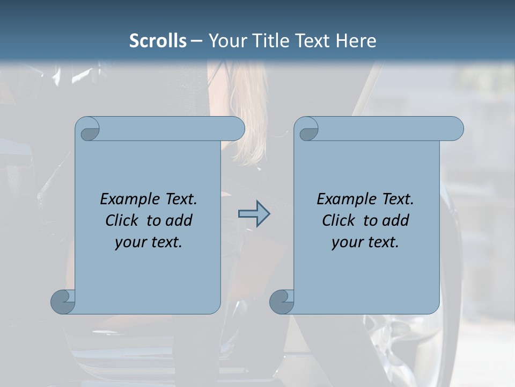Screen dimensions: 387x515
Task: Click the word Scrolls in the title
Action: (158, 41)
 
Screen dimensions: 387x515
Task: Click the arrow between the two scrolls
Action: (254, 214)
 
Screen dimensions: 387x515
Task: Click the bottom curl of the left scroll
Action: (63, 302)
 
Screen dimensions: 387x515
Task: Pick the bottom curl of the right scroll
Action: (282, 302)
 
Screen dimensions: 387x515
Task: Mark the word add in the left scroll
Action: (180, 220)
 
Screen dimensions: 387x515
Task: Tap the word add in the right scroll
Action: (396, 220)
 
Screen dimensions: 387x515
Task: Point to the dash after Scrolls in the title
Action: (196, 41)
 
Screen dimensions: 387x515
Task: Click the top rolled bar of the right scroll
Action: (386, 128)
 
